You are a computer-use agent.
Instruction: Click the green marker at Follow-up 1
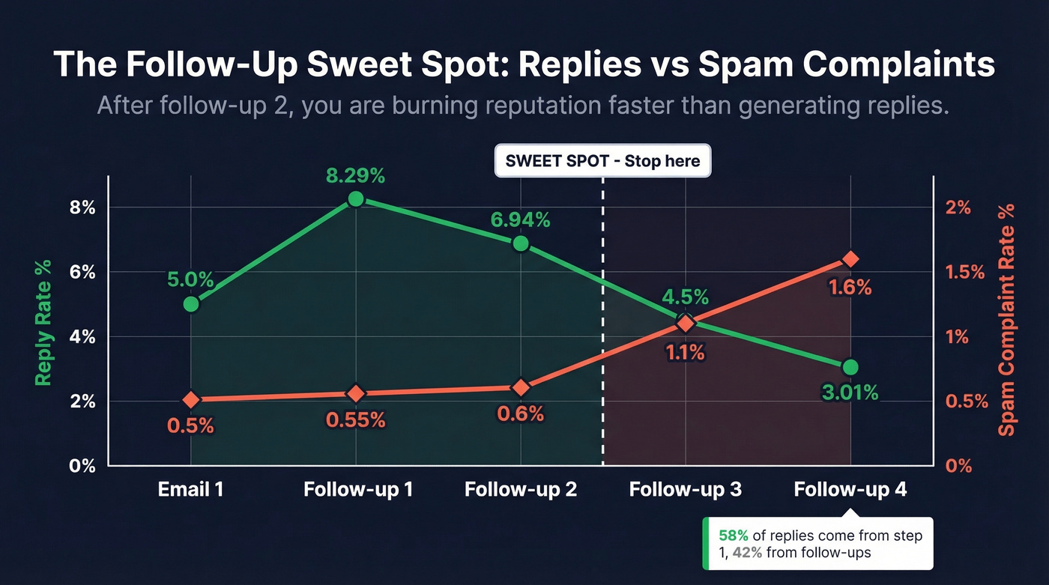click(x=356, y=199)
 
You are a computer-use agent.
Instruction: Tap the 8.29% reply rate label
click(x=356, y=176)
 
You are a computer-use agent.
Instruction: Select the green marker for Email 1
click(x=191, y=304)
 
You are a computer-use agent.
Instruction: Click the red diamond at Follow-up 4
click(x=850, y=259)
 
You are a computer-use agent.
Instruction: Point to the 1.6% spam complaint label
click(x=850, y=287)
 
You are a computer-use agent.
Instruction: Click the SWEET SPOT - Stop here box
click(x=602, y=161)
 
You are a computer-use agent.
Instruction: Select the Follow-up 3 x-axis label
click(x=685, y=490)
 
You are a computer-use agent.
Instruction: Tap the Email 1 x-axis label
click(x=191, y=490)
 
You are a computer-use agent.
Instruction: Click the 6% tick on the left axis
click(x=82, y=273)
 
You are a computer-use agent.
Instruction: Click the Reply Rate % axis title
click(x=43, y=322)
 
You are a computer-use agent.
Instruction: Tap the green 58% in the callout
click(x=733, y=536)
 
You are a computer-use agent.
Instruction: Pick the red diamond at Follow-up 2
click(x=521, y=387)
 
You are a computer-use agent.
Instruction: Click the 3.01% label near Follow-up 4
click(x=850, y=392)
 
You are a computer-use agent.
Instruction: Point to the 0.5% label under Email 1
click(x=191, y=425)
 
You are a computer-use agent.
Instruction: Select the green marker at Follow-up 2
click(x=521, y=244)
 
